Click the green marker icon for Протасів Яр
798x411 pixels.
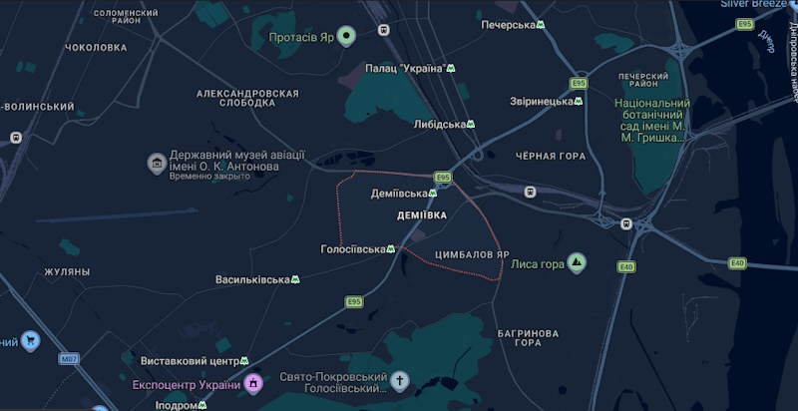346,38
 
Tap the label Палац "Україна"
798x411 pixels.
405,68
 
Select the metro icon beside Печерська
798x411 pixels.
541,25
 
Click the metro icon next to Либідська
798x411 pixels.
473,125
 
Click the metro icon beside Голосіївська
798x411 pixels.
391,249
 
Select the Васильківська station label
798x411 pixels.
251,279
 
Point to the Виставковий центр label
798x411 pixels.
187,360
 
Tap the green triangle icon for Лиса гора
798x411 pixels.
577,263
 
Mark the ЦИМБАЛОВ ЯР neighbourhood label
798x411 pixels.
474,254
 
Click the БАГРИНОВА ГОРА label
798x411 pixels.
528,337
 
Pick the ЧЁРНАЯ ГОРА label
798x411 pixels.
551,157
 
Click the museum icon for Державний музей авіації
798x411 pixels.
156,162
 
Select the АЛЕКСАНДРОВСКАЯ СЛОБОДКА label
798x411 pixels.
247,98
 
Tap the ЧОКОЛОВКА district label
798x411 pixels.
96,47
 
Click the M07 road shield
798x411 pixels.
68,358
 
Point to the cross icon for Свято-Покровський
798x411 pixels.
400,381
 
